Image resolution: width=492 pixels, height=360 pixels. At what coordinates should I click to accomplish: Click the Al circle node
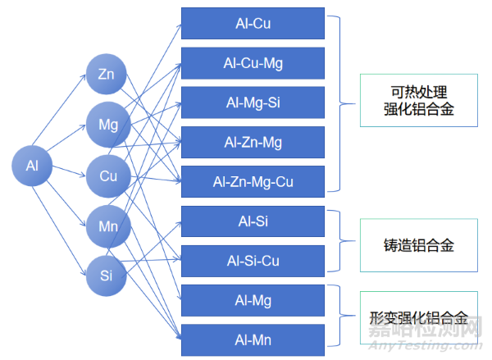click(33, 166)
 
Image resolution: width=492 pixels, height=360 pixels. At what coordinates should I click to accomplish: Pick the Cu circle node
click(108, 175)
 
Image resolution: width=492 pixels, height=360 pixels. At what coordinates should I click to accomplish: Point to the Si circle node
click(106, 275)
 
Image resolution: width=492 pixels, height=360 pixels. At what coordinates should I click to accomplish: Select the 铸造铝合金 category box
click(418, 244)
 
